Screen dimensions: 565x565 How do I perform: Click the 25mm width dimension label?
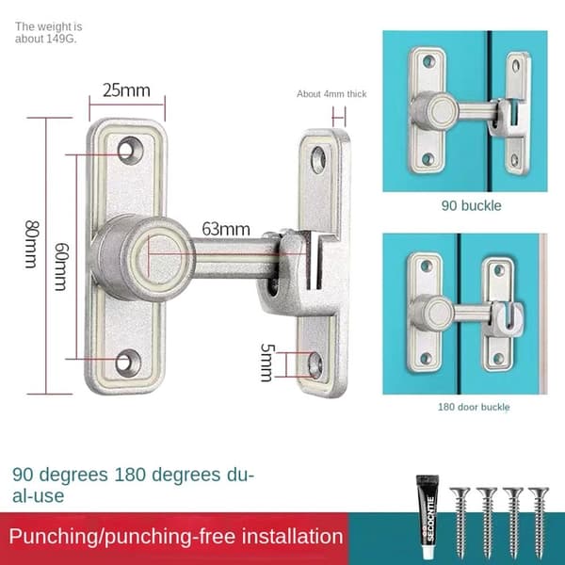126,90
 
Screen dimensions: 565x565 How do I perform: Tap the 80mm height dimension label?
32,244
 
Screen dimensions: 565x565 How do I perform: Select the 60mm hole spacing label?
61,266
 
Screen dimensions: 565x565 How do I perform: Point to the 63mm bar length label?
226,229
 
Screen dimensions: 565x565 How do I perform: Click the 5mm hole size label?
267,363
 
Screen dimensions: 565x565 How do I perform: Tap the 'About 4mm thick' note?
331,94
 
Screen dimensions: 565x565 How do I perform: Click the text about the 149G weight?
49,32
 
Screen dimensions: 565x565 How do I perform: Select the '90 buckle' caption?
472,205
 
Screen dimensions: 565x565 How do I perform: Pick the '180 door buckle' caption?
474,407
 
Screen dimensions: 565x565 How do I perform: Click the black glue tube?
428,517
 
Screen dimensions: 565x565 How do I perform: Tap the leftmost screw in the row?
460,522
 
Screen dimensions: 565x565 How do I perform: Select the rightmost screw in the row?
539,522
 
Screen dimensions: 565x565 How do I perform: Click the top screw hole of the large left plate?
129,151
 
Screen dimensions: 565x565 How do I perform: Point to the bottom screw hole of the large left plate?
127,363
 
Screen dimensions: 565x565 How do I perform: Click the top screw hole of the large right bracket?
318,160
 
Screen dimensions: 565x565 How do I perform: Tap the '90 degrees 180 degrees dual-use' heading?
134,485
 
